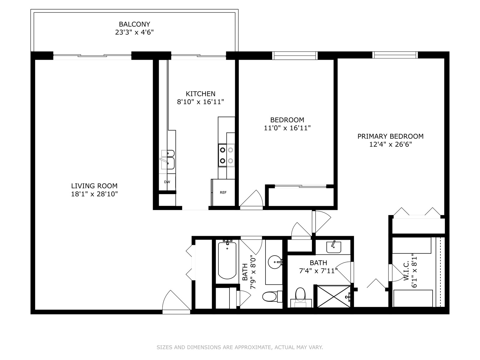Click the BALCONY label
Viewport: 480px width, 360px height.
(134, 24)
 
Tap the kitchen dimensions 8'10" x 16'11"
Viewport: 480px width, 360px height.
(200, 102)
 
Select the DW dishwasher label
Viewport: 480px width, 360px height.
(167, 182)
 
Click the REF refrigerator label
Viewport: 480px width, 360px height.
(223, 193)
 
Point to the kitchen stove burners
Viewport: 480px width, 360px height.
(226, 155)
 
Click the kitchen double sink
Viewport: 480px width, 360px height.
(168, 160)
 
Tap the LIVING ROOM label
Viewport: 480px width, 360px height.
(94, 186)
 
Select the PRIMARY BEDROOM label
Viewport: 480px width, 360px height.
(390, 136)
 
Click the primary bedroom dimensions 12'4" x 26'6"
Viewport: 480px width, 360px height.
(390, 145)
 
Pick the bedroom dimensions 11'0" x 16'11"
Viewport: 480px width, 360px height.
(287, 128)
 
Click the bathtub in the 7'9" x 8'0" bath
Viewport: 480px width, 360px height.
(227, 260)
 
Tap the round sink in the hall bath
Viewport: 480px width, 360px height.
(275, 262)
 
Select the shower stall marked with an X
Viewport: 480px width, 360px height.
(334, 296)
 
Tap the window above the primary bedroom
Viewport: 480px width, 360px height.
(395, 55)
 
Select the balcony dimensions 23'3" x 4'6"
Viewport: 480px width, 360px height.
(134, 32)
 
